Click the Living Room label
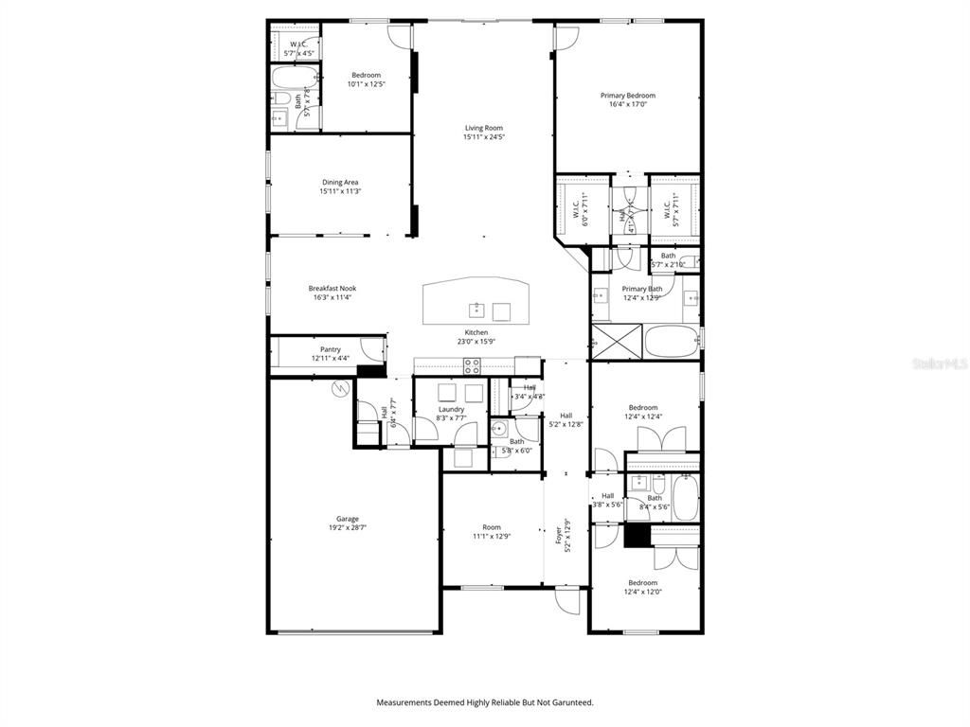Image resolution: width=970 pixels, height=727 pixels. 483,128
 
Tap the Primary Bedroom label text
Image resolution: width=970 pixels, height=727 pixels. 627,96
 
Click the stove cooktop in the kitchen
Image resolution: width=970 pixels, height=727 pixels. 471,367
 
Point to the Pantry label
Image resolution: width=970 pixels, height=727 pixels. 330,349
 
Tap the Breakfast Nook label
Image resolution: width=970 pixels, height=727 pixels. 332,288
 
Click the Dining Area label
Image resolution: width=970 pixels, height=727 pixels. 340,182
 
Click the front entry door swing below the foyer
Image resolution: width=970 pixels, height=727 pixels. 567,600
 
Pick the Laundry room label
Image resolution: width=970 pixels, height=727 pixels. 451,409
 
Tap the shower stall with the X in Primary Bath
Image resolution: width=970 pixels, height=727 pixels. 617,339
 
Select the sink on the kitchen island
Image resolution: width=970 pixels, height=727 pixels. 476,310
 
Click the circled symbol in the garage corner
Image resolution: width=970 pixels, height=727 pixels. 339,388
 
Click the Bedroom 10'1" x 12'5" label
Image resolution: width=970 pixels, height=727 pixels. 366,75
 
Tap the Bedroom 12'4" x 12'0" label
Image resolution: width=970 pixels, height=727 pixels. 642,583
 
